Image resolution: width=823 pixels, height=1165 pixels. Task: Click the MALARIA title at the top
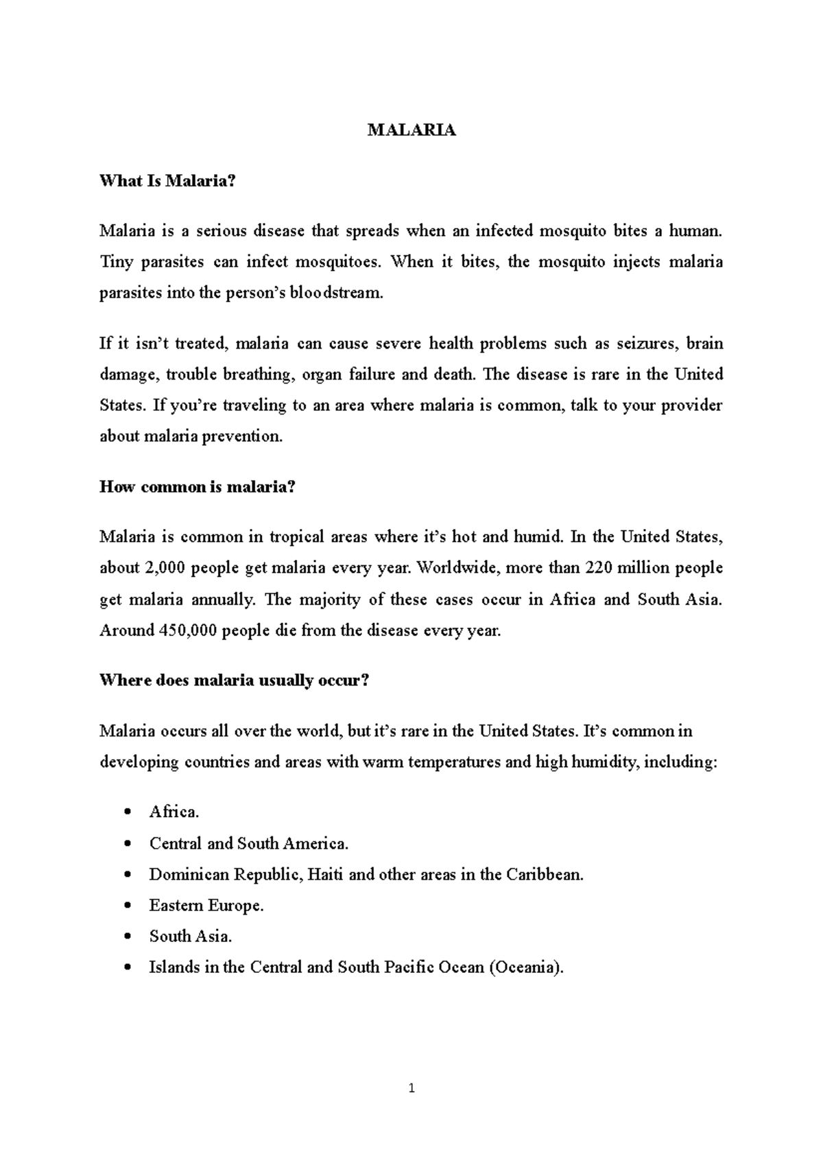tap(411, 130)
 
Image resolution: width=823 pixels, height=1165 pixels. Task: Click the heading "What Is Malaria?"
tap(167, 181)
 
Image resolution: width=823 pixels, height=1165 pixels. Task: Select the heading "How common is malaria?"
tap(198, 487)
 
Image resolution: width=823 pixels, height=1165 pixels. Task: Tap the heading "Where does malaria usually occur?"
tap(235, 681)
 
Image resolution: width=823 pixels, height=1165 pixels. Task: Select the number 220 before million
tap(601, 568)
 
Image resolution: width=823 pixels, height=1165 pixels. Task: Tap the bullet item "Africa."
tap(174, 812)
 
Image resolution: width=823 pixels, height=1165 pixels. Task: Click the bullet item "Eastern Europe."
tap(206, 906)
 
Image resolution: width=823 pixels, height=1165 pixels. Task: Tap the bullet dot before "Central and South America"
tap(128, 845)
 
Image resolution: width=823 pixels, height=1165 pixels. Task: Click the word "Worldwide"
tap(453, 568)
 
